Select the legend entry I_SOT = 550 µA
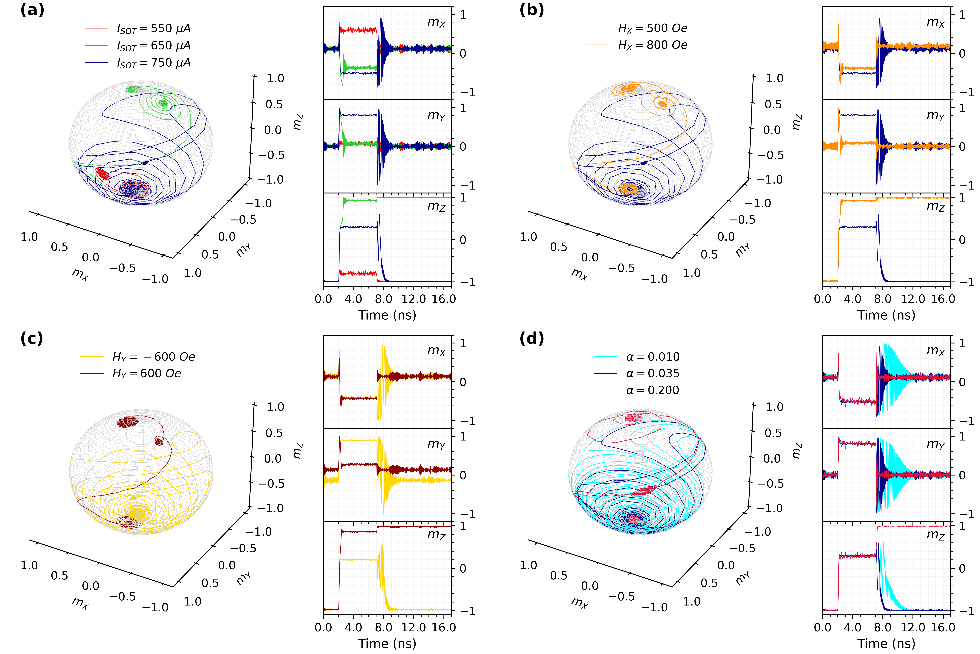(x=153, y=28)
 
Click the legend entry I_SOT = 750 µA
(x=153, y=63)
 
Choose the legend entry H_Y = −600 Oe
(x=153, y=357)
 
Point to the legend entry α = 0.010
(x=653, y=357)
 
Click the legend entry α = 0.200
(x=653, y=390)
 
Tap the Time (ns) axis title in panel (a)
(x=387, y=315)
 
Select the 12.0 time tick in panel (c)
(x=414, y=627)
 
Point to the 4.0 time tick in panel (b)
(x=852, y=299)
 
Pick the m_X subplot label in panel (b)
(x=935, y=22)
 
